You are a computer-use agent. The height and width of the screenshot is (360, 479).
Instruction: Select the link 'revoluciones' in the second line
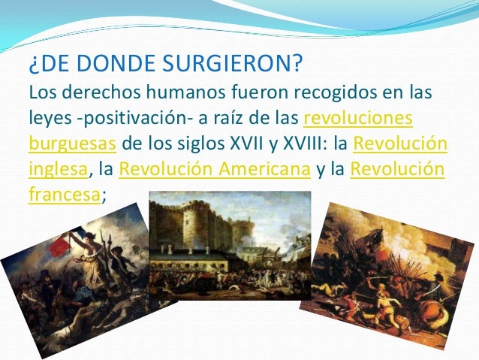coord(358,119)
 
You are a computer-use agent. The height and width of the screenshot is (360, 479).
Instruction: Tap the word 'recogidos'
coord(311,95)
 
